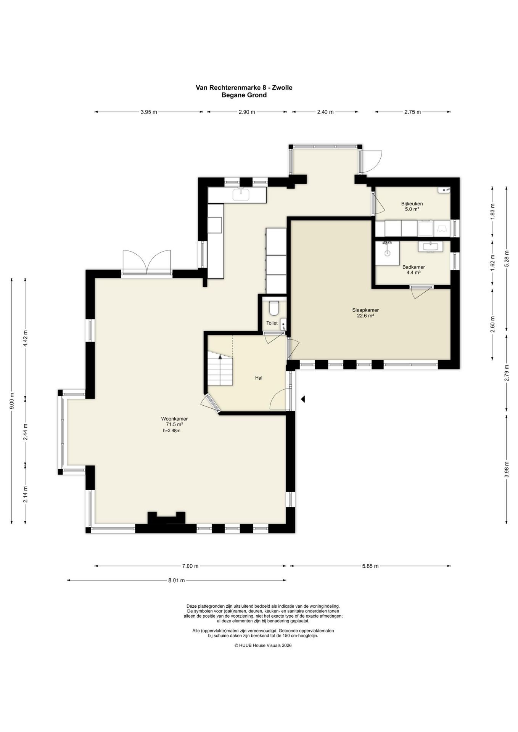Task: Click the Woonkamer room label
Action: coord(174,419)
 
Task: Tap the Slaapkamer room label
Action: coord(365,310)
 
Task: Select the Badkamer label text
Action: coord(413,267)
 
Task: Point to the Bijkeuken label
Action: coord(412,204)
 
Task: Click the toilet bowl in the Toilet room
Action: coord(273,308)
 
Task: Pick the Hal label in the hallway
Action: coord(259,378)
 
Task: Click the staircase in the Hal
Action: coord(220,368)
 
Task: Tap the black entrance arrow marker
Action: coord(303,399)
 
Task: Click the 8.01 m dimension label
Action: coord(177,580)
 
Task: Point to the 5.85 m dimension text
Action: coord(370,566)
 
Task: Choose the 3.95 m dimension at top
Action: coord(149,112)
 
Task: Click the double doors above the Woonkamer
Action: coord(147,262)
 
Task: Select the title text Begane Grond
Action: coord(244,95)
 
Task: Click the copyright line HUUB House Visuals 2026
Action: coord(263,645)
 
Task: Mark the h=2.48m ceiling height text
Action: coord(172,430)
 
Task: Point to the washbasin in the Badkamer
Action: coord(431,246)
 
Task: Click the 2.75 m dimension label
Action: coord(412,112)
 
